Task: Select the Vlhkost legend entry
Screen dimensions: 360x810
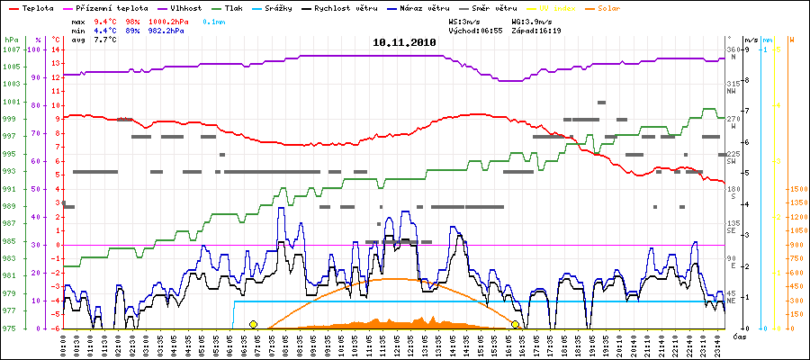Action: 185,7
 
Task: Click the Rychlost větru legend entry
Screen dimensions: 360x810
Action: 376,7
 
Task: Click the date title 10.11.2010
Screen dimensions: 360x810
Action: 405,42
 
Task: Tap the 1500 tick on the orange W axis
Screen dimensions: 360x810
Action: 797,190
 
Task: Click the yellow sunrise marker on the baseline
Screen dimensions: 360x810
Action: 253,324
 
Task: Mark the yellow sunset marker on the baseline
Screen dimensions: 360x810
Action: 516,324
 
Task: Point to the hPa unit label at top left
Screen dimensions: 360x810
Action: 10,40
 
